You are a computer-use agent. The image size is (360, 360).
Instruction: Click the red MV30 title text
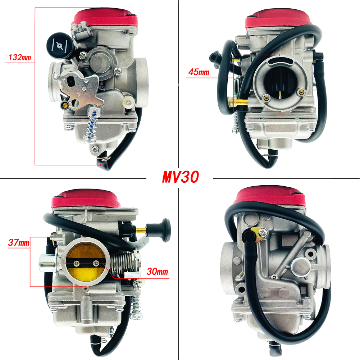click(x=180, y=177)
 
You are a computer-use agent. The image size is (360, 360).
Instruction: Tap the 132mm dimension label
click(x=20, y=58)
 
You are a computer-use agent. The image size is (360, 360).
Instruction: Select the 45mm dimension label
click(x=199, y=72)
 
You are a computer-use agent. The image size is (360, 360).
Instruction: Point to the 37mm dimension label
click(x=19, y=242)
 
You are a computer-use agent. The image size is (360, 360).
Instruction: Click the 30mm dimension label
click(x=157, y=272)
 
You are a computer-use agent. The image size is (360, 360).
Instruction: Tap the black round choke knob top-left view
click(x=60, y=45)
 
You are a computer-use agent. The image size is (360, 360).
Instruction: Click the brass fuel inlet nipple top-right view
click(x=237, y=101)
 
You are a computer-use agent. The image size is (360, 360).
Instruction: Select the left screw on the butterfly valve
click(x=77, y=264)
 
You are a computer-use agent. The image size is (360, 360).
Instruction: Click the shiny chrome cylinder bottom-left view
click(x=47, y=263)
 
